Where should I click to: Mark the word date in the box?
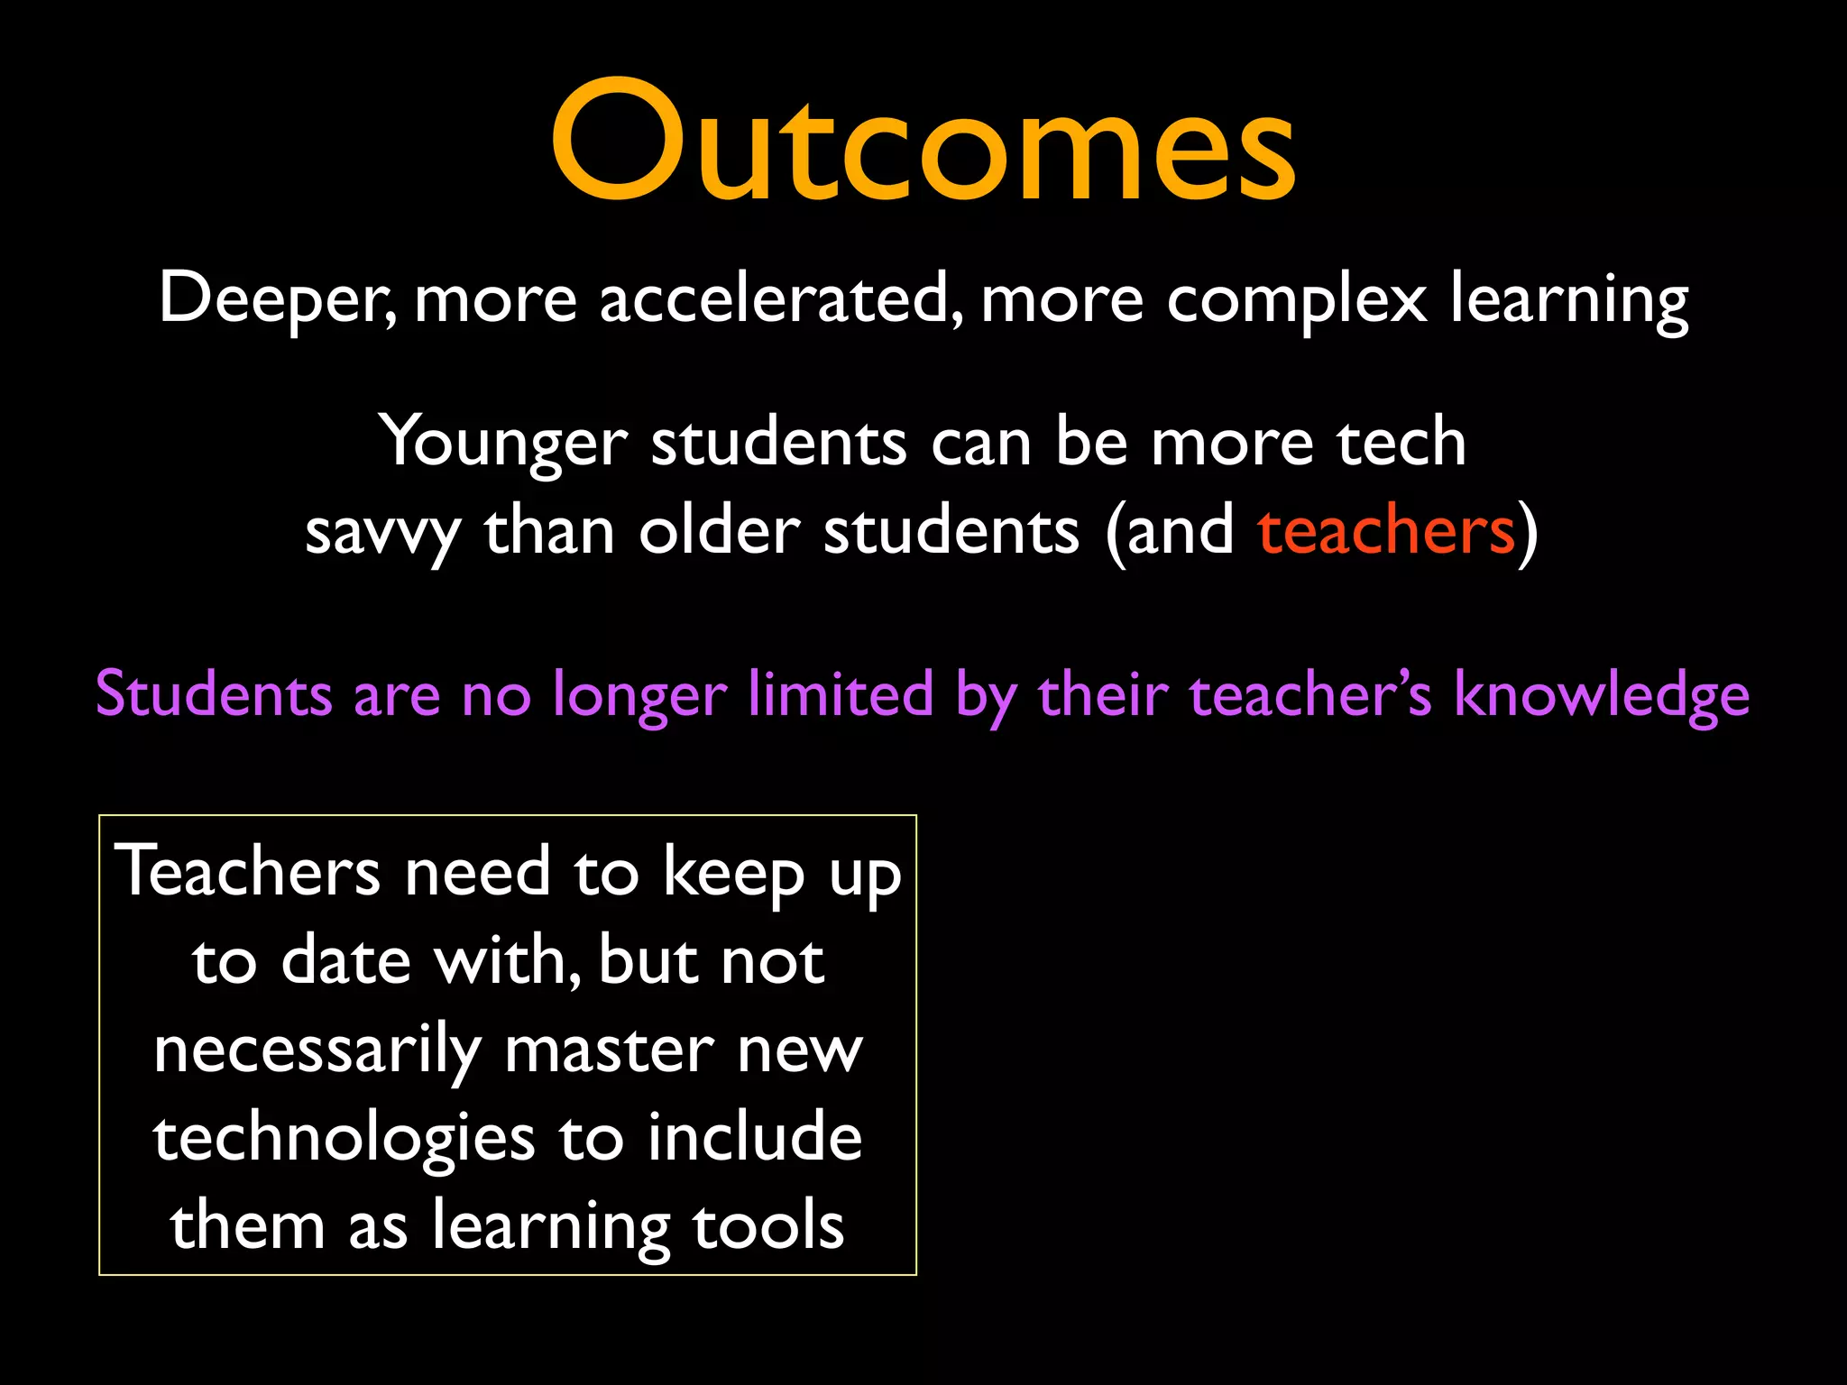(x=346, y=960)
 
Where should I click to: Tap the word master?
(x=609, y=1050)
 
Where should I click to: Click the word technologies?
(x=344, y=1139)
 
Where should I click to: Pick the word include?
(x=755, y=1137)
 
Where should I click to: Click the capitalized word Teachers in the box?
(x=248, y=872)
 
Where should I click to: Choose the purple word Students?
(x=214, y=694)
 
